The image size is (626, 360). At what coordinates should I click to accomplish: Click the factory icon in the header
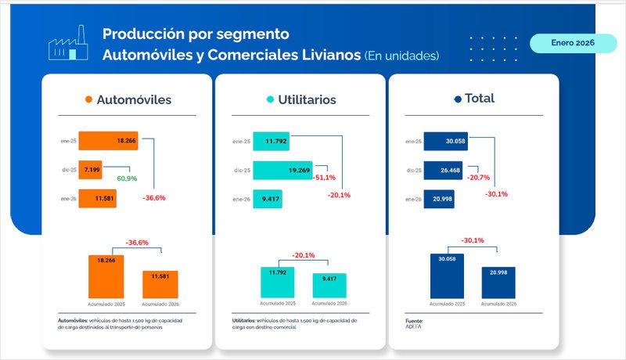tap(67, 46)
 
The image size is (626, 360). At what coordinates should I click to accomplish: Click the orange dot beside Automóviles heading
tap(88, 100)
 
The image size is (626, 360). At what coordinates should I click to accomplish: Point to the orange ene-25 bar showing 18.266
tap(108, 141)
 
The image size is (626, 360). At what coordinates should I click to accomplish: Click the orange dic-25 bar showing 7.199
tap(91, 169)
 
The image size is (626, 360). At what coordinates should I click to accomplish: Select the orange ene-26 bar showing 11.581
tap(97, 198)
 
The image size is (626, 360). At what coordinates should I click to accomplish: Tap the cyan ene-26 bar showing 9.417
tap(267, 198)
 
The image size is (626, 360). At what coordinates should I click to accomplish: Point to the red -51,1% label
tap(324, 178)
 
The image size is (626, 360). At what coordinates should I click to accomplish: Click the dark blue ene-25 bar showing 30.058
tap(446, 141)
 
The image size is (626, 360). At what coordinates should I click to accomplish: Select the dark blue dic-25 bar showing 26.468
tap(442, 169)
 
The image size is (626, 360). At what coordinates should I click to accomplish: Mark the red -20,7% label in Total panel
tap(478, 178)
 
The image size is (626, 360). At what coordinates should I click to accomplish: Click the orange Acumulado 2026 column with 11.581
tap(160, 285)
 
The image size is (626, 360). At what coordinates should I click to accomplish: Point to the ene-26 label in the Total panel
tap(413, 199)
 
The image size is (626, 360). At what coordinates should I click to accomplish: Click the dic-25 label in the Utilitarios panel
tap(242, 170)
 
